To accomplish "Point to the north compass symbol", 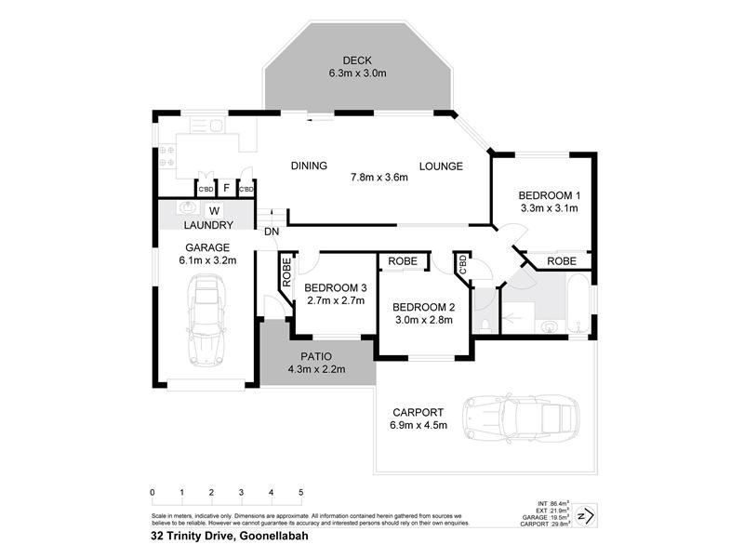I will click(x=585, y=514).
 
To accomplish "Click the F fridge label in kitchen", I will click(x=226, y=188).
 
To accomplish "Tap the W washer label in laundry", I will click(x=214, y=209).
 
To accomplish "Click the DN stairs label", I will click(x=272, y=232).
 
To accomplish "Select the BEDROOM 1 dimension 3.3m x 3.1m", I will click(x=549, y=208).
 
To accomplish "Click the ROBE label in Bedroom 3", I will click(x=286, y=272).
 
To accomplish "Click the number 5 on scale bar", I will click(x=300, y=492).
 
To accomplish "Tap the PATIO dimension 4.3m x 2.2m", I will click(x=316, y=369).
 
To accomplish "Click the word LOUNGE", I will click(x=441, y=166).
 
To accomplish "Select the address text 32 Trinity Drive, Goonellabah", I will click(x=230, y=536).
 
